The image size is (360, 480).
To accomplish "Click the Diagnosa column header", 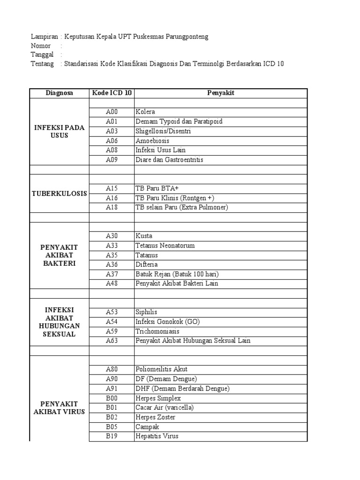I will click(x=60, y=93).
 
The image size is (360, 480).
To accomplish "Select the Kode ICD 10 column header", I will click(x=112, y=93).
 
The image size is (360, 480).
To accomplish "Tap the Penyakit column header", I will click(x=221, y=93).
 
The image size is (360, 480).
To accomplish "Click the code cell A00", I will click(x=112, y=112).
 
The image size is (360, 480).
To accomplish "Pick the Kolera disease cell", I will click(x=145, y=112).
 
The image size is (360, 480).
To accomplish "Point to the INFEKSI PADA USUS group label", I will click(x=60, y=131).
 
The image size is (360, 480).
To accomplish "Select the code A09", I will click(x=112, y=160).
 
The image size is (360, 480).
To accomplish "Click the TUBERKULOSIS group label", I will click(x=60, y=193).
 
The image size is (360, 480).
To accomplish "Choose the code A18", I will click(x=112, y=207).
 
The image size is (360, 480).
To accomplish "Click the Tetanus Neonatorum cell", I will click(x=165, y=246).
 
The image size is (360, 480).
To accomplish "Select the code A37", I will click(x=112, y=274).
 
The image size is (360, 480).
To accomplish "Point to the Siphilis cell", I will click(x=147, y=312).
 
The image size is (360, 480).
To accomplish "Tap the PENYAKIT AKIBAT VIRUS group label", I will click(x=60, y=408).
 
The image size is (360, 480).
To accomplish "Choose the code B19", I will click(x=112, y=436).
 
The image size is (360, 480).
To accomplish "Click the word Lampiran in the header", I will click(x=44, y=37).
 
